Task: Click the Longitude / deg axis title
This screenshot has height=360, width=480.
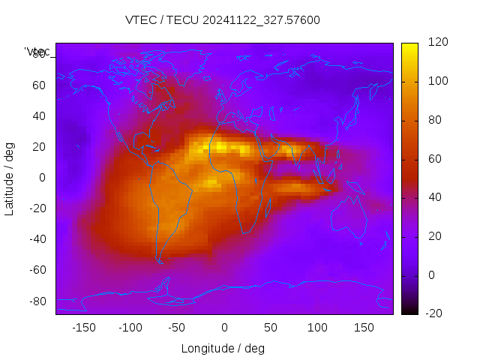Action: [x=223, y=348]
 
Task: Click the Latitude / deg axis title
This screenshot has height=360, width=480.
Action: [x=10, y=178]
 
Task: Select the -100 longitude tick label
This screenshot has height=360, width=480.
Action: [x=130, y=328]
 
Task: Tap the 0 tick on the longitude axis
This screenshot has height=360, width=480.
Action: [x=223, y=328]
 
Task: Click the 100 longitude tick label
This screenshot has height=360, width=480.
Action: [x=317, y=328]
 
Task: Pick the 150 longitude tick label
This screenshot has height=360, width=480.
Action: [x=364, y=328]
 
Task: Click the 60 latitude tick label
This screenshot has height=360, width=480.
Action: [x=39, y=85]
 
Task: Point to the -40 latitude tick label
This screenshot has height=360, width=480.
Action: [x=37, y=239]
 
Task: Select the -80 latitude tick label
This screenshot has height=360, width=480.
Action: [x=37, y=301]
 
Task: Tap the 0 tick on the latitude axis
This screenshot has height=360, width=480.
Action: [x=43, y=178]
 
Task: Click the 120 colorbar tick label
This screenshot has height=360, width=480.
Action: [x=437, y=42]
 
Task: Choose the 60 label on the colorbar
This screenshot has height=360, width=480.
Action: [x=434, y=159]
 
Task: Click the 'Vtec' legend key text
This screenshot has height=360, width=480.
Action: [x=37, y=51]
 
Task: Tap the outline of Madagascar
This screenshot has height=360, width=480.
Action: [x=266, y=208]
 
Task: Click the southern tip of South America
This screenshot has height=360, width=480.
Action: [x=160, y=261]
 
